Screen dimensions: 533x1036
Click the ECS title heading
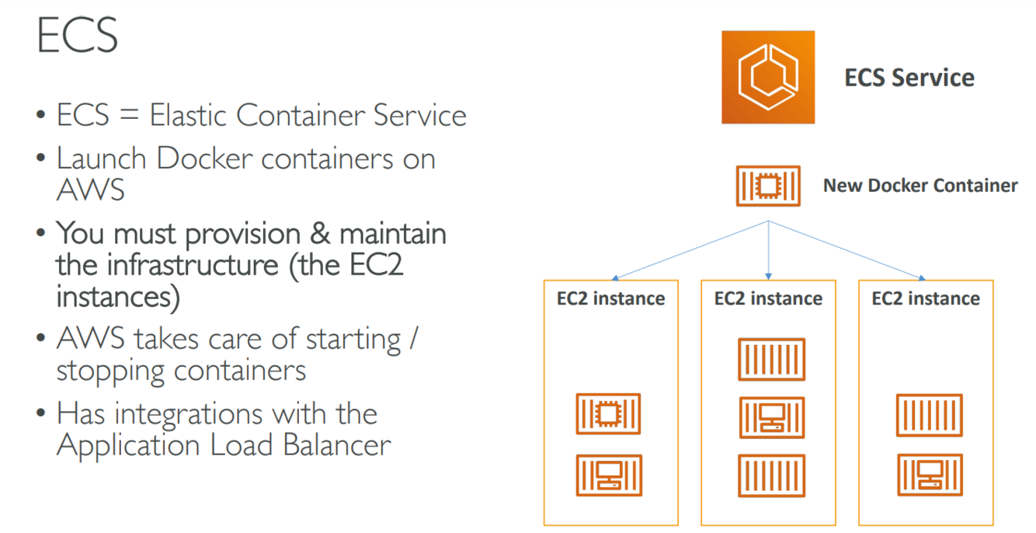pos(77,36)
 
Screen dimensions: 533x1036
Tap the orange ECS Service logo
pos(767,77)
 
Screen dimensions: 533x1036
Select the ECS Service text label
pos(909,78)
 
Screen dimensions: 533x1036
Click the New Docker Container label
pos(920,186)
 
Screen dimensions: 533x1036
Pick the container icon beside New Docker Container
pos(768,186)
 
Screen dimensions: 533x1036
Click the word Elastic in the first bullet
pos(189,116)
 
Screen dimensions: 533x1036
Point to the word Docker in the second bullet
pos(204,159)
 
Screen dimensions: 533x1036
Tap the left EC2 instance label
pos(610,298)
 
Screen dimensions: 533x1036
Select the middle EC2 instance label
pos(768,298)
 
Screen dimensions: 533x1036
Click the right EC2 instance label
pos(926,298)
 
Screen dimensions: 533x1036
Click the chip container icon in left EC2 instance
pos(609,414)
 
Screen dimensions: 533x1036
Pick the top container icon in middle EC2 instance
pos(771,359)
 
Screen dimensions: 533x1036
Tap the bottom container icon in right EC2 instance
pos(930,475)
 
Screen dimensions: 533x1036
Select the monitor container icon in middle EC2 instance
pos(771,418)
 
